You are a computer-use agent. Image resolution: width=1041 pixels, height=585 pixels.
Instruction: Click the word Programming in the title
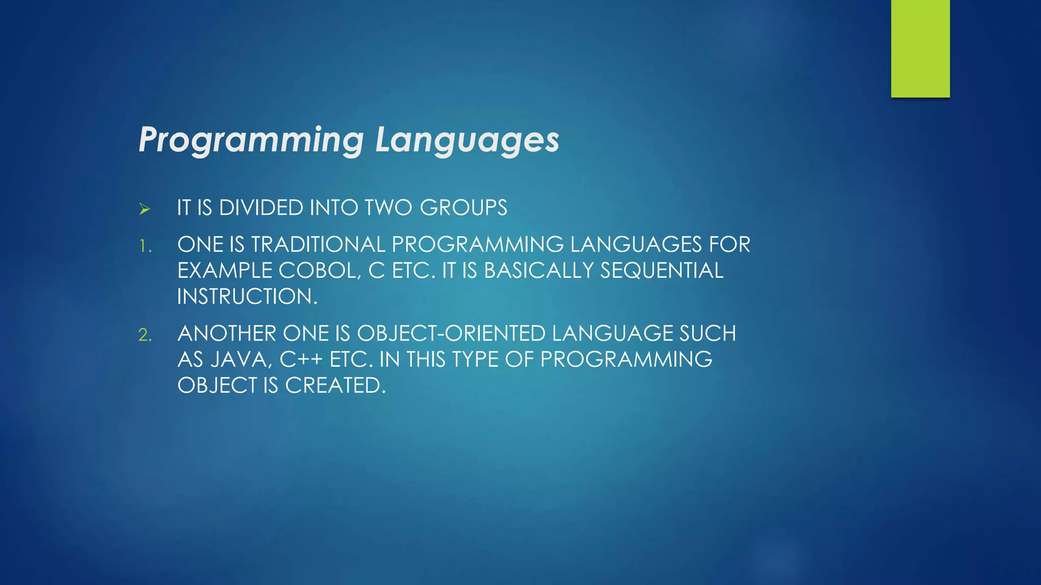[251, 140]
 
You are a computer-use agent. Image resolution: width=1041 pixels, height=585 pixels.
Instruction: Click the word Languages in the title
[467, 140]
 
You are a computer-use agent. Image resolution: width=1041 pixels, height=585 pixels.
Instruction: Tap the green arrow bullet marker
[144, 209]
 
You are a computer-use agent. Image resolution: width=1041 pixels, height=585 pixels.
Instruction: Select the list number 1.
[145, 247]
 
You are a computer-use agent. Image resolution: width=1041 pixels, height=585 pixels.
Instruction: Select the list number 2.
[145, 335]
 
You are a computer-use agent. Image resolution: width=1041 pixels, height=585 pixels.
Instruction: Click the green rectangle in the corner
[920, 48]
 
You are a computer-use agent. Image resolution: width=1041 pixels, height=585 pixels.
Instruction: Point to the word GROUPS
[463, 208]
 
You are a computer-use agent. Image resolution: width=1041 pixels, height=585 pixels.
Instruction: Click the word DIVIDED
[261, 208]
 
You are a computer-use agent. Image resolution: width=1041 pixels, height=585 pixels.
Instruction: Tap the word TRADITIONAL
[318, 245]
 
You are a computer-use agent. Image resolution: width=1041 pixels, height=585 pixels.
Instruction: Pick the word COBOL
[320, 271]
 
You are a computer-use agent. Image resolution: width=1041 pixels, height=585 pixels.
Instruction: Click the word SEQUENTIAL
[661, 271]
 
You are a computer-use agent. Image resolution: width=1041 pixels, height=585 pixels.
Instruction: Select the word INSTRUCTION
[247, 297]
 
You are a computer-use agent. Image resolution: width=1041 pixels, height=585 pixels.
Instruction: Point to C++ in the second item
[301, 360]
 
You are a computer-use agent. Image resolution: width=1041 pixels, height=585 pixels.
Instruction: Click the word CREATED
[335, 386]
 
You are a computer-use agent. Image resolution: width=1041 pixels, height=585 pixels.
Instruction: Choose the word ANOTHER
[227, 334]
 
